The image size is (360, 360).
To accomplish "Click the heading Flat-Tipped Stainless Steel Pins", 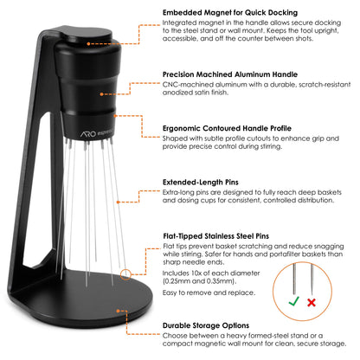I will tap(223, 235).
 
